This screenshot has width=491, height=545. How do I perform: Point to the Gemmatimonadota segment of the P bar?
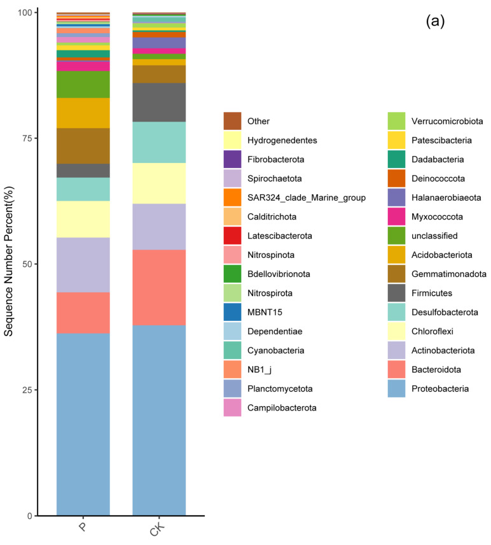pos(83,146)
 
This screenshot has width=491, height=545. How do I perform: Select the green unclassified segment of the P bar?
pos(83,84)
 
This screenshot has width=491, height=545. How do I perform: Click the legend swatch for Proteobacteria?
pos(398,388)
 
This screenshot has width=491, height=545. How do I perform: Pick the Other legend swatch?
pos(232,121)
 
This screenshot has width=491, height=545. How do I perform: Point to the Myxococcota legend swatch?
pos(398,216)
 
